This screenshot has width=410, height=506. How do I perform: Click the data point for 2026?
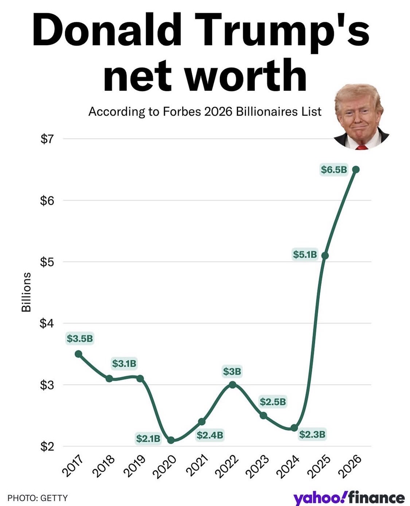coord(356,169)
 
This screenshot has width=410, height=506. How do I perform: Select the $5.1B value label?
coord(305,254)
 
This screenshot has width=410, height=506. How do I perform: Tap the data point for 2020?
coord(171,440)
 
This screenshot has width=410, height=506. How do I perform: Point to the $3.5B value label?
coord(80,338)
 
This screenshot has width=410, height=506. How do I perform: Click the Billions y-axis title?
coord(26,292)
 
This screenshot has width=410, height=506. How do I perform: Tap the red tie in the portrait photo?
coord(361,148)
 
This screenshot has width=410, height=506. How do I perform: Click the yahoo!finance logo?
coord(349,498)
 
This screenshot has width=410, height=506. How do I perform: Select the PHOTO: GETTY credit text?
coord(38,498)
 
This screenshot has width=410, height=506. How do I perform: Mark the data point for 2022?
coord(233,385)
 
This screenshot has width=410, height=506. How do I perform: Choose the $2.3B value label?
coord(312,434)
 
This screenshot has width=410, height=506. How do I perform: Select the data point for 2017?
coord(78,354)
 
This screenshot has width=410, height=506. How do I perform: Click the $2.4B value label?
coord(210,435)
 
